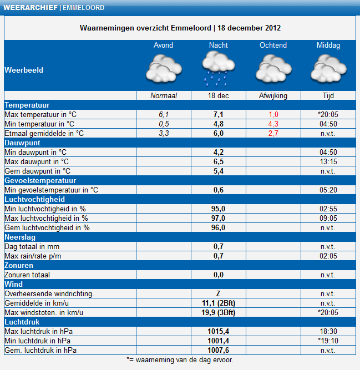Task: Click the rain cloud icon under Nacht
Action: click(219, 68)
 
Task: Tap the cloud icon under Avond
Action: click(164, 68)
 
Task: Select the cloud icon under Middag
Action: click(328, 68)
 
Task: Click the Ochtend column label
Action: click(273, 45)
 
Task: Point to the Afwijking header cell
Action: click(273, 95)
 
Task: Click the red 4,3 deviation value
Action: click(273, 124)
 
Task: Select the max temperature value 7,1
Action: click(218, 114)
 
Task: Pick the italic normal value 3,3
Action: click(164, 133)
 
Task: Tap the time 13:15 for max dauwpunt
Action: click(328, 161)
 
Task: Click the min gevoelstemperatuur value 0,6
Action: click(218, 190)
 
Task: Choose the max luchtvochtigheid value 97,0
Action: click(218, 218)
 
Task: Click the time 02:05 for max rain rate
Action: click(328, 256)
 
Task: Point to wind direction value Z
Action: click(218, 294)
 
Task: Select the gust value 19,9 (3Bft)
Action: click(218, 313)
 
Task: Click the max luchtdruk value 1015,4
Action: click(218, 332)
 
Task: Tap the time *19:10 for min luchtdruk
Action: click(328, 341)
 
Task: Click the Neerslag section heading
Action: click(20, 237)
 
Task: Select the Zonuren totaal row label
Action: click(27, 275)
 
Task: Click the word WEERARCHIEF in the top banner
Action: click(31, 8)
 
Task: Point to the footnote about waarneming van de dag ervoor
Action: click(180, 360)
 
